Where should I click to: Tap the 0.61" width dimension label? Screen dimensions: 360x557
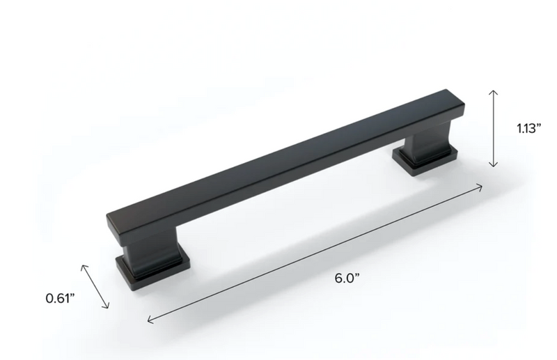[60, 299]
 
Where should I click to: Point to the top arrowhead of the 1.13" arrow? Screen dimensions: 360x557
[494, 91]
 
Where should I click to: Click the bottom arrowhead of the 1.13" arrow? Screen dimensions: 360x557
[494, 166]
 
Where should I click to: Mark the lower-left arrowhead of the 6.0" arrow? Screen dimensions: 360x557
[149, 321]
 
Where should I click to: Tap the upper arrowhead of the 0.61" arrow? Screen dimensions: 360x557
[84, 266]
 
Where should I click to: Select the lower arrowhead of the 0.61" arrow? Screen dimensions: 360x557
[109, 306]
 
